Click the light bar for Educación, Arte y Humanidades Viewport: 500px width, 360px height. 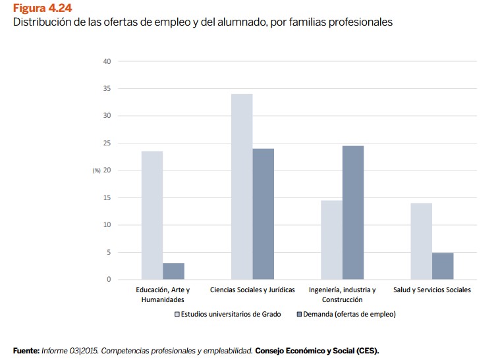152,215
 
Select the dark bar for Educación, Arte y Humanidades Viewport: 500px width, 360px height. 173,271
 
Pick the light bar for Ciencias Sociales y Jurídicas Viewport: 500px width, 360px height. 242,187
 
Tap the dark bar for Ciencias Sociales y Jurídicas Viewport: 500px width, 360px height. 263,214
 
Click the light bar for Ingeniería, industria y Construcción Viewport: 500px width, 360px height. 331,240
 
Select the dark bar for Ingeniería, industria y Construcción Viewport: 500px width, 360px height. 352,213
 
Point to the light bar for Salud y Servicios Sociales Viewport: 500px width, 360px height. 421,241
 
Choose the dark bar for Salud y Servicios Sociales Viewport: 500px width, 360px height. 442,266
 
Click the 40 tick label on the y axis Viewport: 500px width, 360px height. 107,61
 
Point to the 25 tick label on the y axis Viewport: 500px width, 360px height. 107,143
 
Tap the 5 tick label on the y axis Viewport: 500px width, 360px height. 109,252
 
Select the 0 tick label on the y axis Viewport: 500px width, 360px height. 109,280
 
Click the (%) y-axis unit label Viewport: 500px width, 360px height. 96,170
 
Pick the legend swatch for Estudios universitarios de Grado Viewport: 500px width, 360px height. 177,315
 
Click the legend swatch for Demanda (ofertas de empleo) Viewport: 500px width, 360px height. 298,315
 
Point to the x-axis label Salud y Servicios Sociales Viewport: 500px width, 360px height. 431,290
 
